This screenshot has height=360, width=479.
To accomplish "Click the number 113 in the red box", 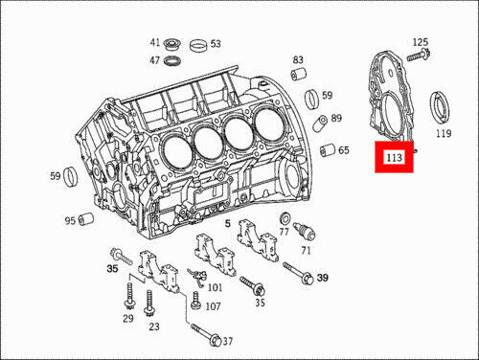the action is point(394,157).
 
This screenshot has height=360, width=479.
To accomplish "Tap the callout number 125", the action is point(421,42).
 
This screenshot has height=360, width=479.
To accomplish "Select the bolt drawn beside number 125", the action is point(419,56).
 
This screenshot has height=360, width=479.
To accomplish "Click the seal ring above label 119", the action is point(441,107).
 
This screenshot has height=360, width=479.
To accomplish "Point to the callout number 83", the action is point(298,59).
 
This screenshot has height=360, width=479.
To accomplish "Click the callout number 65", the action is point(344,150).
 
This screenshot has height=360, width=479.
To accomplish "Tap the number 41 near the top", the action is point(155,42).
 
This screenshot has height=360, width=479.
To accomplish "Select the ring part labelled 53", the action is point(198,46).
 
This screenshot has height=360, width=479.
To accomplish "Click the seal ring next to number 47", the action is point(172,60).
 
